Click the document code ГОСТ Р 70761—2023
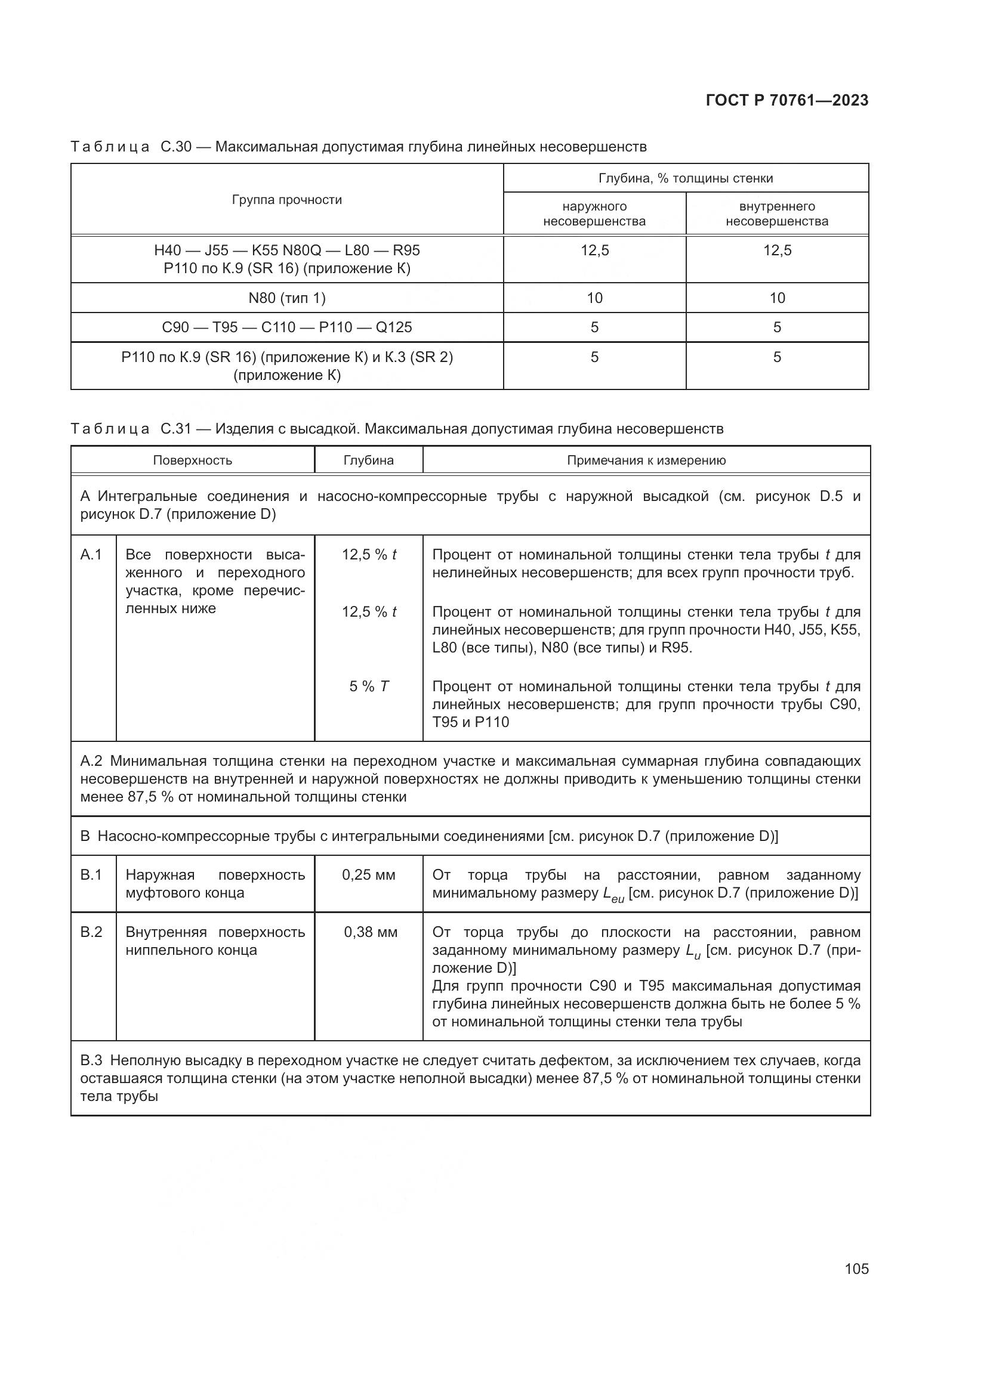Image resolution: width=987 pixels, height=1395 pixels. [787, 101]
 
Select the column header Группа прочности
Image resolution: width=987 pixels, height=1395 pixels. [287, 200]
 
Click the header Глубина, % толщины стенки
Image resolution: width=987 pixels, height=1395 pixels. [686, 178]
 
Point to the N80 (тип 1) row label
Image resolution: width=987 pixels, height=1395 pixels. [287, 298]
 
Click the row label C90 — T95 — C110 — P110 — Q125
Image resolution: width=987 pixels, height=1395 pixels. [287, 327]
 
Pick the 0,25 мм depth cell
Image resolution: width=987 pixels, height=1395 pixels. [368, 875]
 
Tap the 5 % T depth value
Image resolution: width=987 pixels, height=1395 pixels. [369, 686]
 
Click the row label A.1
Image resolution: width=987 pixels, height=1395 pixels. [91, 555]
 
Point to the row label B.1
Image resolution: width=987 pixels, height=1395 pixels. [91, 875]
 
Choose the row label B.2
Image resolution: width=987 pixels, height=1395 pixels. [91, 932]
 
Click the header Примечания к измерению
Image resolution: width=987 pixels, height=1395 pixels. [646, 460]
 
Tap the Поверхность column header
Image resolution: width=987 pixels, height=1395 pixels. [192, 460]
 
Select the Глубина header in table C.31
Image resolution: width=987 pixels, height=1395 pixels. [368, 460]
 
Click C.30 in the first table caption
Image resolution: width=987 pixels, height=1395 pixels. [176, 147]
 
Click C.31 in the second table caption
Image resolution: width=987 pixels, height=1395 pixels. [176, 429]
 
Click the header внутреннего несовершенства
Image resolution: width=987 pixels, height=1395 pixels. [777, 214]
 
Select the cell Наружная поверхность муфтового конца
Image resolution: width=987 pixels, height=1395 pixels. [215, 884]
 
